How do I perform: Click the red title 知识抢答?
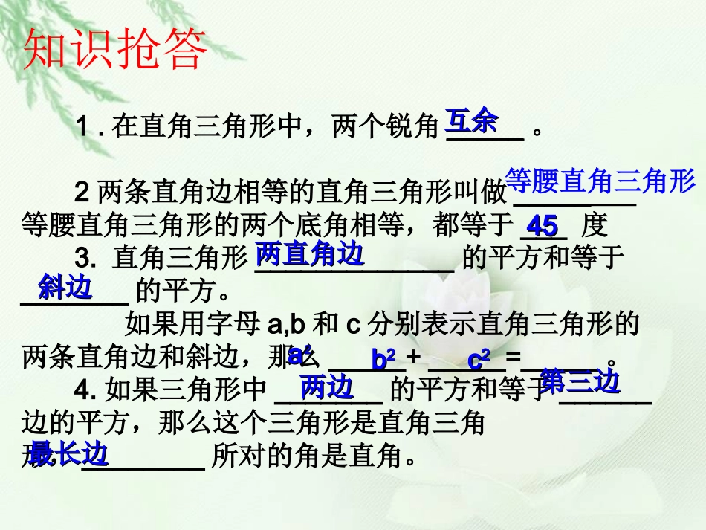tap(115, 50)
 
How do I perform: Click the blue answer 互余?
tap(471, 122)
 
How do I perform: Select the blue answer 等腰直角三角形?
tap(600, 181)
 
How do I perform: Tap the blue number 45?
tap(542, 226)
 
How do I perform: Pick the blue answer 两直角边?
tap(309, 255)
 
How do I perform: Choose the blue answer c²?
tap(479, 361)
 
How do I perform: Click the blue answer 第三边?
tap(580, 382)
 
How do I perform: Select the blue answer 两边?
tap(326, 387)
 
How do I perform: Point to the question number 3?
tap(85, 259)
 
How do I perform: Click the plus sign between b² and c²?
tap(414, 358)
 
